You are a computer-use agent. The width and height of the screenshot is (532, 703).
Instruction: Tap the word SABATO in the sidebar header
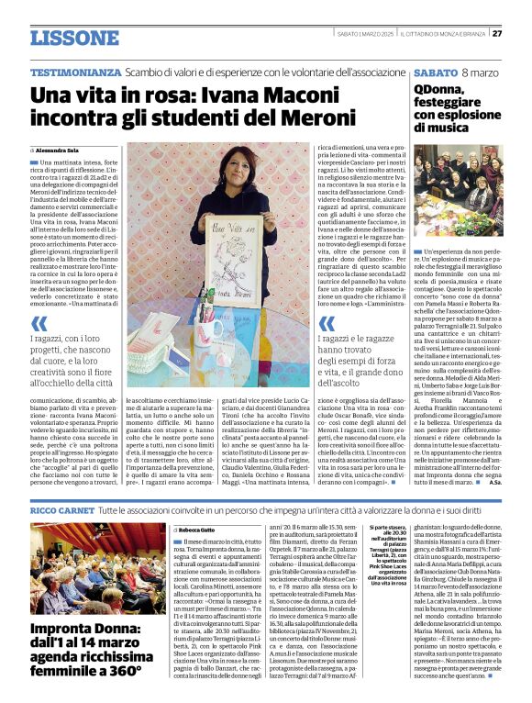click(x=436, y=72)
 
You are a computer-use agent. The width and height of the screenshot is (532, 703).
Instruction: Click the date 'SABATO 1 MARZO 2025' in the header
click(x=367, y=34)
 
